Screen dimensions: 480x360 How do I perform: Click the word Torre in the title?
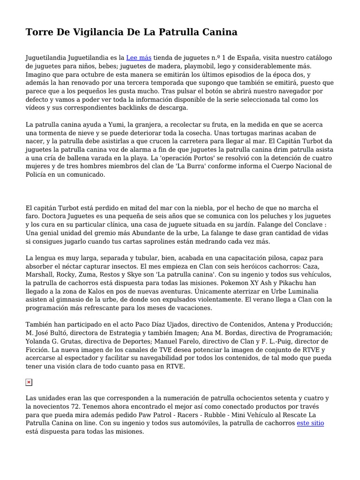click(x=40, y=32)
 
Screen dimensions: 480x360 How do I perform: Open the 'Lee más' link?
click(x=139, y=58)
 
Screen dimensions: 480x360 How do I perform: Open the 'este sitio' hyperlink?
click(x=310, y=423)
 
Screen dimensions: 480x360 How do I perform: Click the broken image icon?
click(x=29, y=382)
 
